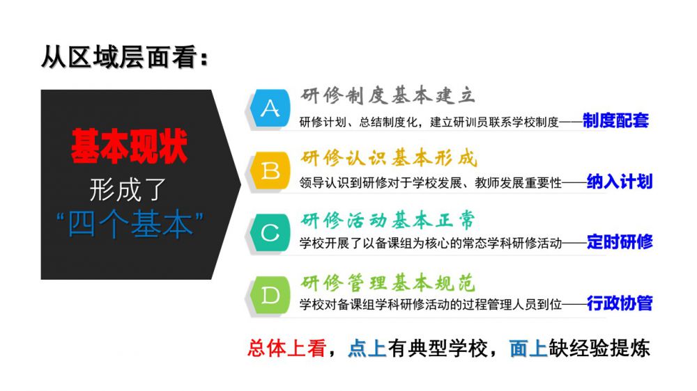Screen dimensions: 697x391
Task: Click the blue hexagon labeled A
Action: (270, 109)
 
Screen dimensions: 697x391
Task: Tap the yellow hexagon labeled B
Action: (270, 171)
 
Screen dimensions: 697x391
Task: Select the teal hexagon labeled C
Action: (270, 233)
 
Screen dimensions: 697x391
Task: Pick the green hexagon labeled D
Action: (270, 295)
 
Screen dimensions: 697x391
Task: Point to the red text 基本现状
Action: (130, 146)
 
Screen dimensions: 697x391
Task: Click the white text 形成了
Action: (128, 189)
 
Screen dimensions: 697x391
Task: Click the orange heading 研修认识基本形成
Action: (389, 158)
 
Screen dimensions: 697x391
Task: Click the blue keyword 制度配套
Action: (615, 120)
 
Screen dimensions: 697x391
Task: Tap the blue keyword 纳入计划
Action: (620, 182)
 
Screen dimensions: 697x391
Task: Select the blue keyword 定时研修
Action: (620, 242)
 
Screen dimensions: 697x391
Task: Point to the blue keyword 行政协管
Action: (620, 303)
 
